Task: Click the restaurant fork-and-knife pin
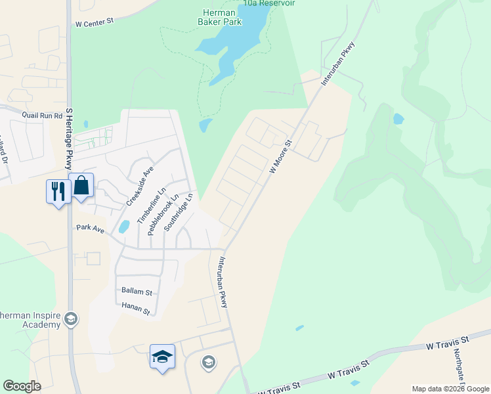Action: click(58, 191)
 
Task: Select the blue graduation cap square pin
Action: click(162, 357)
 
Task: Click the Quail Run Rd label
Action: click(41, 114)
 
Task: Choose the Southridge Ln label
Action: click(179, 211)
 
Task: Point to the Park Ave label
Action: click(91, 229)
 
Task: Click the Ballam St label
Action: click(137, 291)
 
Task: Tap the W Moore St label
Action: click(280, 156)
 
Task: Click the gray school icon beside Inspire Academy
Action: click(71, 320)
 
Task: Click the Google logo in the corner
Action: click(22, 386)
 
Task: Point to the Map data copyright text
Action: click(450, 389)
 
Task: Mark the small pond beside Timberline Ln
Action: click(123, 227)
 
